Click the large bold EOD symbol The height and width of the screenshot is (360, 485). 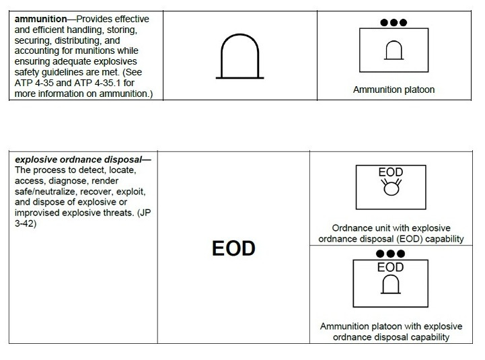233,248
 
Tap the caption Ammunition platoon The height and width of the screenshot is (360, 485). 394,89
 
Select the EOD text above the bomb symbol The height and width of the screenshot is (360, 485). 390,173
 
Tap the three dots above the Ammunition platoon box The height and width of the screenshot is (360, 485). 394,22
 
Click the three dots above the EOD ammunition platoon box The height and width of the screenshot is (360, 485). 390,254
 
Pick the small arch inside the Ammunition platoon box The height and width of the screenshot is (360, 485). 394,50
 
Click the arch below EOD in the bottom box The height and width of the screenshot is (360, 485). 390,285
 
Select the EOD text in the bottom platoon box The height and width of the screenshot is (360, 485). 390,268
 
